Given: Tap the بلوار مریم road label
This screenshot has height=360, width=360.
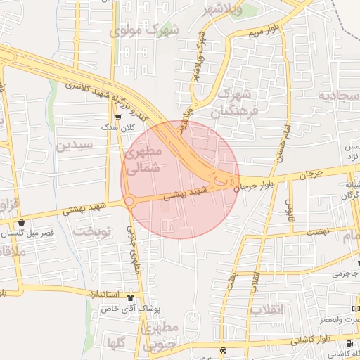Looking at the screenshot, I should pyautogui.click(x=263, y=32).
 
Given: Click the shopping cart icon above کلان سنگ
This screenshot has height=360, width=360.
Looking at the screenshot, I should pyautogui.click(x=118, y=117).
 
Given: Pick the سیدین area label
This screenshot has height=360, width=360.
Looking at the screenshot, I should pyautogui.click(x=75, y=147).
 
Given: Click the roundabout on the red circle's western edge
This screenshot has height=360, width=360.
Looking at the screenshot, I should pyautogui.click(x=130, y=202).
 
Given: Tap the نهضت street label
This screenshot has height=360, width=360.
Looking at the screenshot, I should pyautogui.click(x=316, y=231).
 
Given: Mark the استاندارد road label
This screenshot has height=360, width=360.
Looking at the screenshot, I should pyautogui.click(x=105, y=293).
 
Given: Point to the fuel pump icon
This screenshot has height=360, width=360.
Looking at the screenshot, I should pyautogui.click(x=223, y=350).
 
